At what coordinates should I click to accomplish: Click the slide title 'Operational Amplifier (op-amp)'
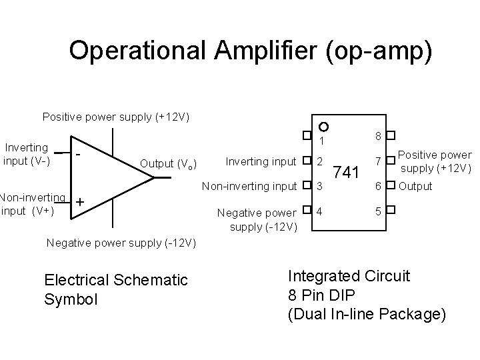(250, 51)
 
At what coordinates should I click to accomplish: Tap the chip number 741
(347, 172)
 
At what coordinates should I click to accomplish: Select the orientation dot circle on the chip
(323, 127)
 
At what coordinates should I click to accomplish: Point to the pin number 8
(377, 136)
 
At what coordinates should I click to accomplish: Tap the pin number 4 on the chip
(320, 212)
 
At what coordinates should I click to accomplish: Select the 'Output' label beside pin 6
(415, 186)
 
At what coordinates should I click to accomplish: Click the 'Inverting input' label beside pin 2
(261, 161)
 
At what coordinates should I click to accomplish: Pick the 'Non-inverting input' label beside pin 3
(250, 186)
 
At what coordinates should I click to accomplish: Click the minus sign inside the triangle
(79, 155)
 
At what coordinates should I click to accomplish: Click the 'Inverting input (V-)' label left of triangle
(27, 154)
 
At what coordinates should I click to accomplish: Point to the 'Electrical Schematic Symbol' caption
(116, 289)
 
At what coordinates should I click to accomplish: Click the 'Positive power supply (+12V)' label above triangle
(116, 117)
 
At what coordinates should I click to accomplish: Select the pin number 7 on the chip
(377, 161)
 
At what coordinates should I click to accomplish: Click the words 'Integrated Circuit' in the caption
(349, 275)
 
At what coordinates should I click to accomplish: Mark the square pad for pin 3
(306, 186)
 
